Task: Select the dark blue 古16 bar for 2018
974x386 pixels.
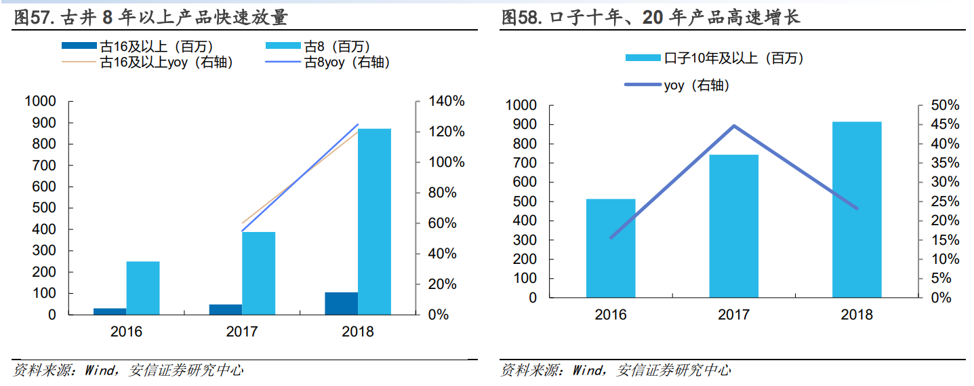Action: [x=341, y=303]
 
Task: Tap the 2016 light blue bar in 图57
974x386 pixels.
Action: [x=143, y=288]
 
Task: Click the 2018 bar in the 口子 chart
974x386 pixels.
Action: [x=857, y=210]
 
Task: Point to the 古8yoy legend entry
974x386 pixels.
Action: [x=346, y=62]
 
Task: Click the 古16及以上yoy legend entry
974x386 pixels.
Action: [x=166, y=62]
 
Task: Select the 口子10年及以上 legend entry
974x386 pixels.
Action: [x=733, y=58]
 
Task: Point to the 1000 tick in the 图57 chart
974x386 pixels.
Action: [x=41, y=101]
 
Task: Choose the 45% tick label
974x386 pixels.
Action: [x=944, y=124]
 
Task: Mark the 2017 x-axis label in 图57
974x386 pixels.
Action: [x=242, y=332]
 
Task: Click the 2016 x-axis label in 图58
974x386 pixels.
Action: [x=611, y=315]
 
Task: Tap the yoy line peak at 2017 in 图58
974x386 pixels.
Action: [x=734, y=126]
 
